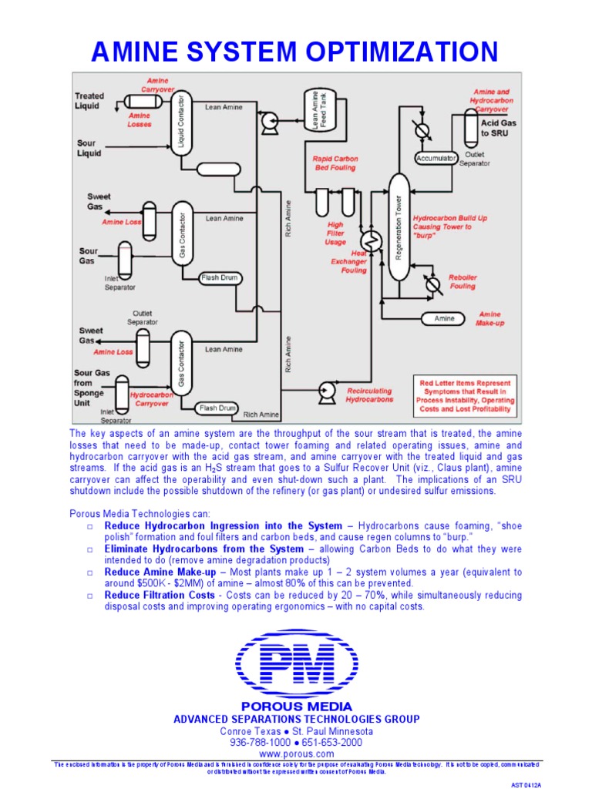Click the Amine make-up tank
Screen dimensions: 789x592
pyautogui.click(x=446, y=319)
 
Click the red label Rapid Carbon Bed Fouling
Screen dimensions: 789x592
pyautogui.click(x=335, y=163)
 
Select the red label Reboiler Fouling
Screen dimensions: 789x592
pyautogui.click(x=462, y=282)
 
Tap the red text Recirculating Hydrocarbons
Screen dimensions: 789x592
pyautogui.click(x=369, y=395)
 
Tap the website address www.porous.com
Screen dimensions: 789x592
pyautogui.click(x=296, y=753)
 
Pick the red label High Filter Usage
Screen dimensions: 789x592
pyautogui.click(x=335, y=233)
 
